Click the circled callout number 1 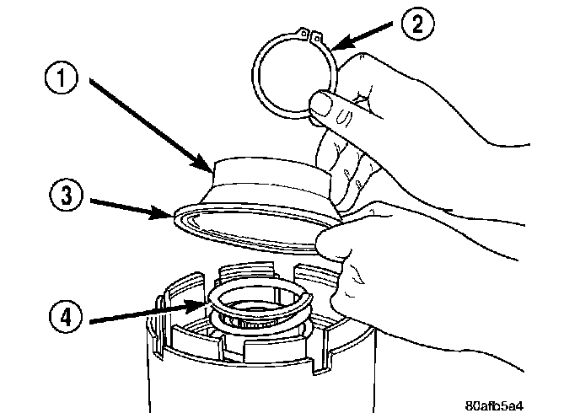[62, 78]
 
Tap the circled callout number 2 [417, 24]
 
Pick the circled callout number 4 [66, 317]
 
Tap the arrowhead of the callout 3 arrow [162, 213]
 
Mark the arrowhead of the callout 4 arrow [196, 305]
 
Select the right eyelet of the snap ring [317, 36]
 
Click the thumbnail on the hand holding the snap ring [321, 103]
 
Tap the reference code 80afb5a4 [493, 405]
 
